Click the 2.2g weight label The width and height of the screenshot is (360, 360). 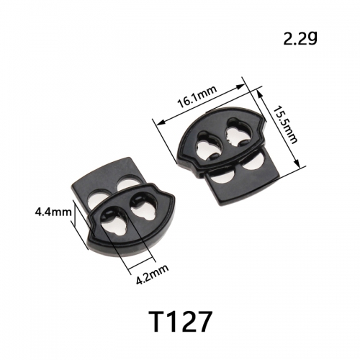tap(300, 39)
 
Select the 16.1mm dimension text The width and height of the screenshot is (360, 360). tap(197, 96)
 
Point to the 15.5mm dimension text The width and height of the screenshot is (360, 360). tap(286, 125)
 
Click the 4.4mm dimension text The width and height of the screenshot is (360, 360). tap(53, 212)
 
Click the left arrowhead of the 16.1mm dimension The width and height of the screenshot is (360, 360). tap(161, 122)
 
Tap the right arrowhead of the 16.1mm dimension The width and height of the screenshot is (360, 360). tap(240, 86)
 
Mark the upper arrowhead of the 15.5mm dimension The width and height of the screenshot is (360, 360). tap(260, 94)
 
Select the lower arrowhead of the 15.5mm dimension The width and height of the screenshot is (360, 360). tap(297, 163)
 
